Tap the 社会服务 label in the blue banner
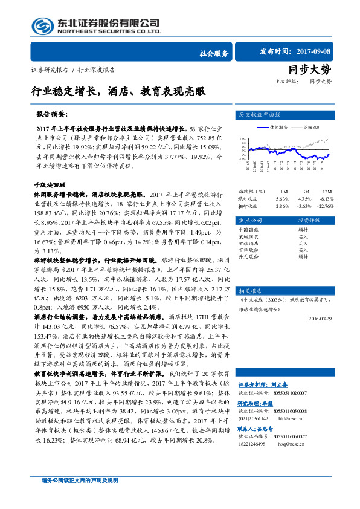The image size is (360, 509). [x=213, y=53]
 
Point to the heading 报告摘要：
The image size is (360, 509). [x=53, y=113]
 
